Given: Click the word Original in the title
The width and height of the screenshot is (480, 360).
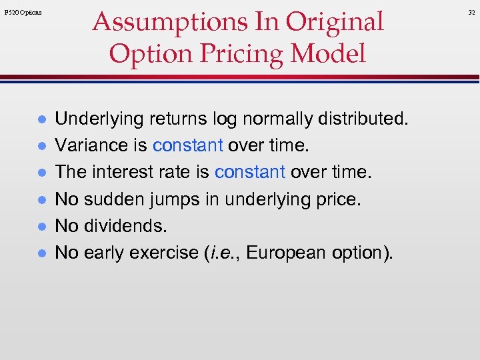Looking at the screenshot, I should click(335, 21).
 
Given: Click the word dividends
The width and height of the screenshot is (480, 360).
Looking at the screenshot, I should click(124, 226).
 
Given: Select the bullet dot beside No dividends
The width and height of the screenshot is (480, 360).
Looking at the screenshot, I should click(40, 226).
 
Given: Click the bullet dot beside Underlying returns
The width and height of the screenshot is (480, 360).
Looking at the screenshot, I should click(40, 119).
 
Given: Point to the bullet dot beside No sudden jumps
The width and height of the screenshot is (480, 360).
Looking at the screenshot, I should click(40, 199).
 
